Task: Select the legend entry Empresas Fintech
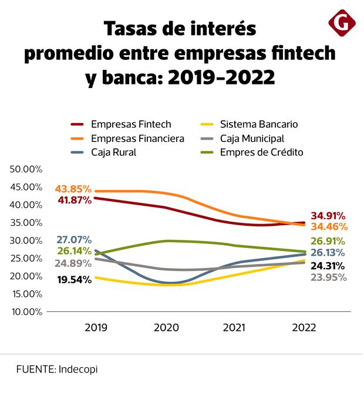point(131,124)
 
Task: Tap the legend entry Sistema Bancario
point(259,124)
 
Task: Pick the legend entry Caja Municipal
point(252,138)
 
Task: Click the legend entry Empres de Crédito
point(261,152)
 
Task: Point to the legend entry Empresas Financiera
point(137,138)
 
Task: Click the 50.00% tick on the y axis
point(26,169)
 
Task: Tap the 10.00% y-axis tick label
point(26,311)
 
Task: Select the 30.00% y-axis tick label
point(26,240)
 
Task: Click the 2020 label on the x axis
point(166,328)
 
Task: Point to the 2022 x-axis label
point(304,328)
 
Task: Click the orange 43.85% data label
point(73,189)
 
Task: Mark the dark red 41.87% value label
point(73,200)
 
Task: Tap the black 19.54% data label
point(75,280)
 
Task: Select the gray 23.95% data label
point(328,277)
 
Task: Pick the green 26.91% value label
point(327,241)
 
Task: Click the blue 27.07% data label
point(74,240)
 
